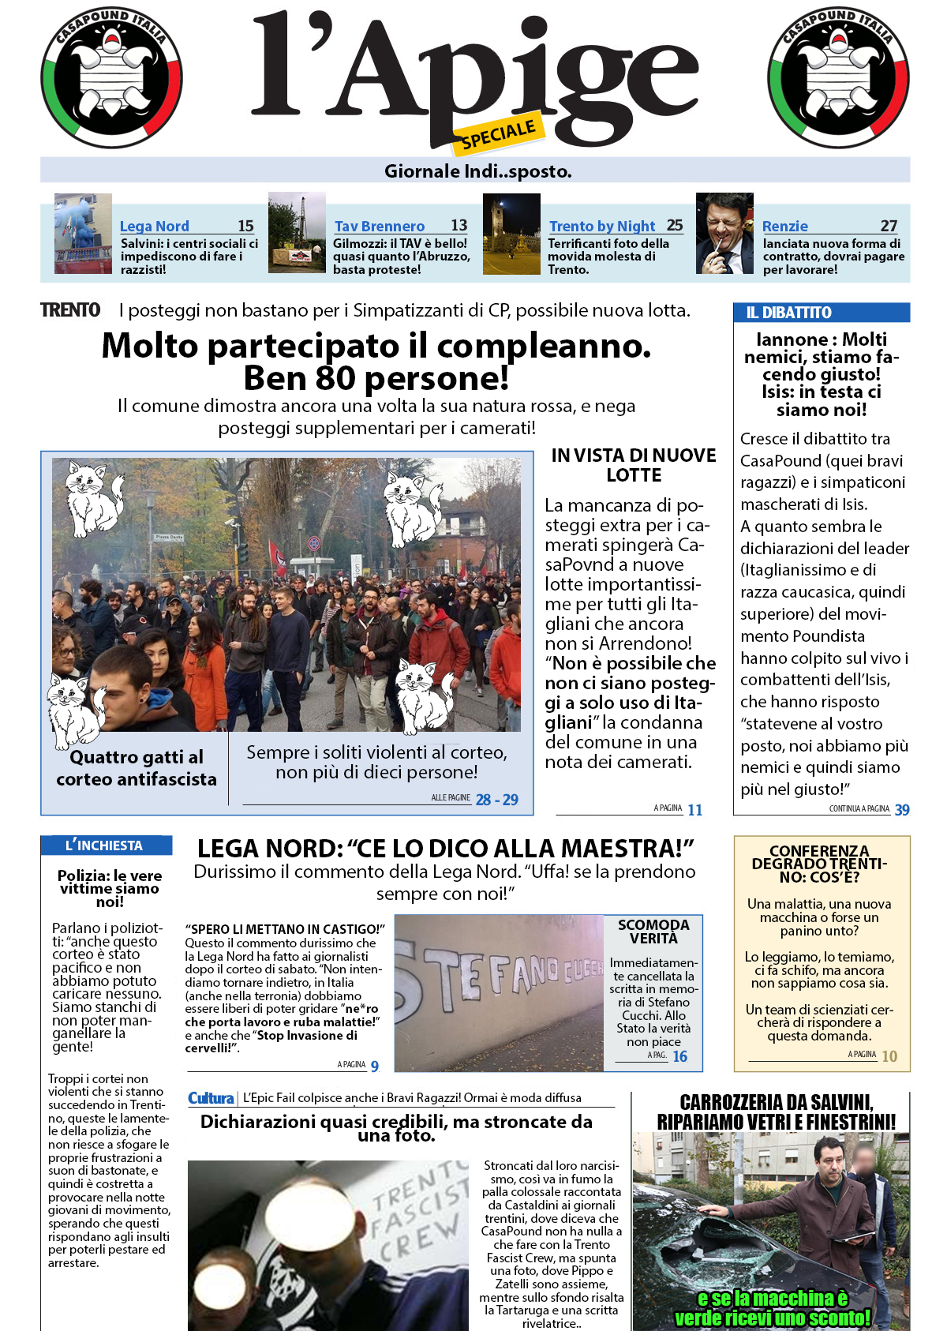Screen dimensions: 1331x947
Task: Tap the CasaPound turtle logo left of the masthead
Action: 111,77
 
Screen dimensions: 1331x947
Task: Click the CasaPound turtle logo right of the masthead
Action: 838,77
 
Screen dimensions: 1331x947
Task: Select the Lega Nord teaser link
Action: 155,227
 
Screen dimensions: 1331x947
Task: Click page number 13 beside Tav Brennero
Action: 459,226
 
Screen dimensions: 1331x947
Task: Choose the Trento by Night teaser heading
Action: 602,227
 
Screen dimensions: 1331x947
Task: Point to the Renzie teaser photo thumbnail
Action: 724,234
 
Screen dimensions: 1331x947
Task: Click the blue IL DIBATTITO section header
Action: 821,313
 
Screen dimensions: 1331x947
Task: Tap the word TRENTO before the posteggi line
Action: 70,310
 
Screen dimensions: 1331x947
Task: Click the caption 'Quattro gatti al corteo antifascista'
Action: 137,768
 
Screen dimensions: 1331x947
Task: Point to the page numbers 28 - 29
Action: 497,800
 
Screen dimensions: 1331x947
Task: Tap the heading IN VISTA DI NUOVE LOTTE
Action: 634,465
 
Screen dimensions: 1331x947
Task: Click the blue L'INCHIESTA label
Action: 105,845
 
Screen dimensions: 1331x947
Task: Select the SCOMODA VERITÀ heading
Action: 653,932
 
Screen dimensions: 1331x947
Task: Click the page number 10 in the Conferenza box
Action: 889,1056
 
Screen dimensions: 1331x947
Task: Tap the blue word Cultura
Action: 211,1098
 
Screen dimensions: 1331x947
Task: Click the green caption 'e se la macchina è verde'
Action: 773,1308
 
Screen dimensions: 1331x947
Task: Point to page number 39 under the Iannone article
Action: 902,810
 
